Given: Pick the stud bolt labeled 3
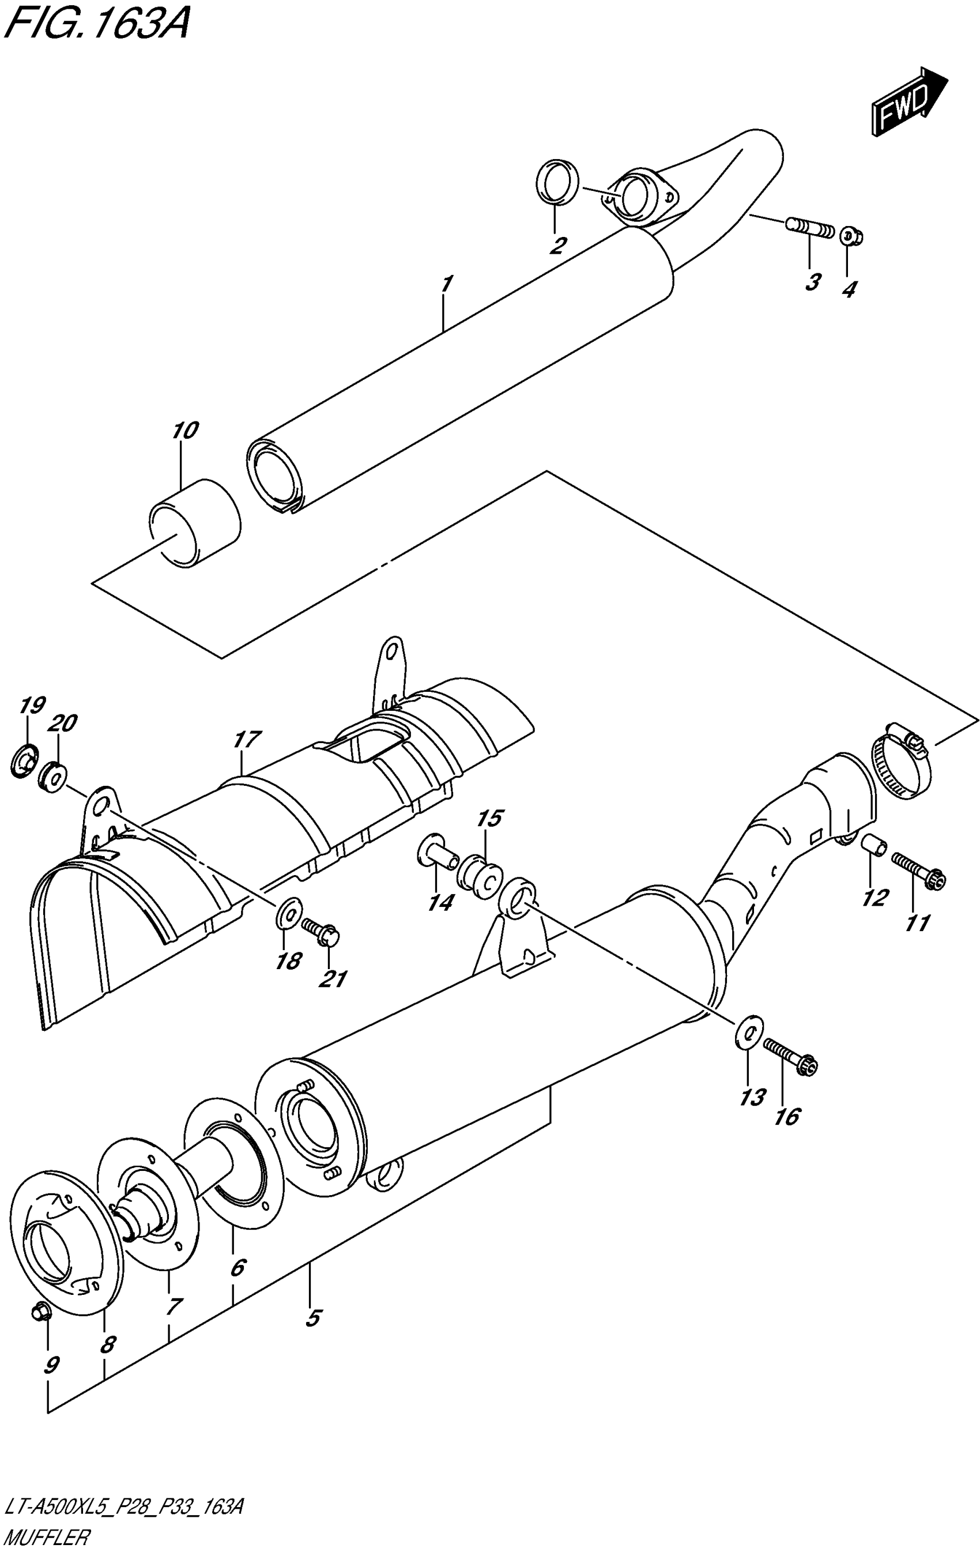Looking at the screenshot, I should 810,229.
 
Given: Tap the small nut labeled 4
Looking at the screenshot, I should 850,236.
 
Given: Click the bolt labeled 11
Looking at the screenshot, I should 918,868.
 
